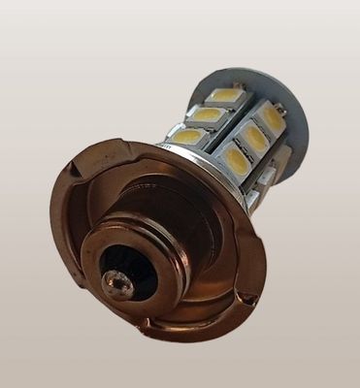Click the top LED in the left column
(225, 96)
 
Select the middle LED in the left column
(207, 115)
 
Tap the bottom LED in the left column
(189, 137)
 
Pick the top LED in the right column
(271, 118)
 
